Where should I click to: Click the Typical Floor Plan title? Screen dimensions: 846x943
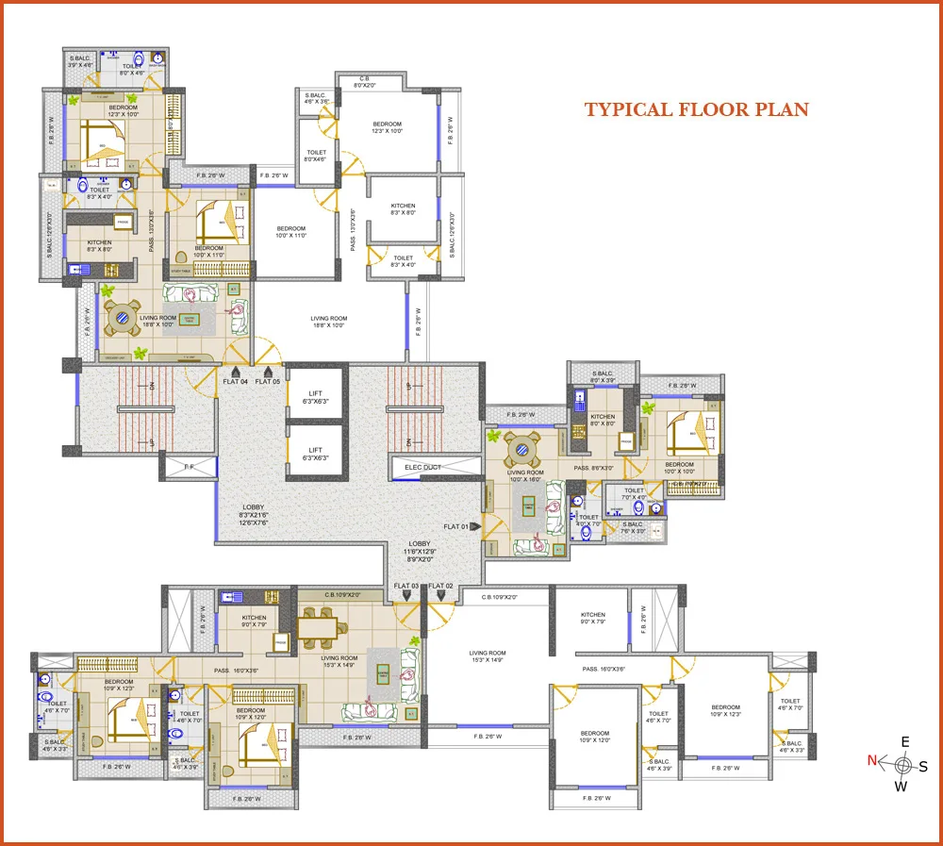[696, 109]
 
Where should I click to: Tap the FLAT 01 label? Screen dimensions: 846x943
[455, 527]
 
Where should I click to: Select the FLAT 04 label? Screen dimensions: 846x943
[235, 381]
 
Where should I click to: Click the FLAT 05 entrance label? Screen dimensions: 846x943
[268, 381]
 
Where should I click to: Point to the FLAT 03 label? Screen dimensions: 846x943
[406, 587]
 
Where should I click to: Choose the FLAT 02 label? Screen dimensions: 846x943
[440, 587]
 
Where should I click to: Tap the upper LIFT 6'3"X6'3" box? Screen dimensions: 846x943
[316, 397]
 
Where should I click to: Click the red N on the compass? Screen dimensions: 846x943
[872, 760]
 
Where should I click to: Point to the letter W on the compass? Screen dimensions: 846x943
[901, 787]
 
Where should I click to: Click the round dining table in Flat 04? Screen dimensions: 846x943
[123, 319]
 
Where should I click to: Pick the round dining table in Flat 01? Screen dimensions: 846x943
[522, 445]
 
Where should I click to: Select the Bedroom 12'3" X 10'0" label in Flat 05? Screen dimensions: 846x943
[387, 128]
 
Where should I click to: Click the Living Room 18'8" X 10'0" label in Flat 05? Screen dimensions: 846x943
[329, 323]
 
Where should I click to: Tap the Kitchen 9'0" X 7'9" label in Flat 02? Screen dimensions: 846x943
[593, 618]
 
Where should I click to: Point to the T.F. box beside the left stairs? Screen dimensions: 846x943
[188, 466]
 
